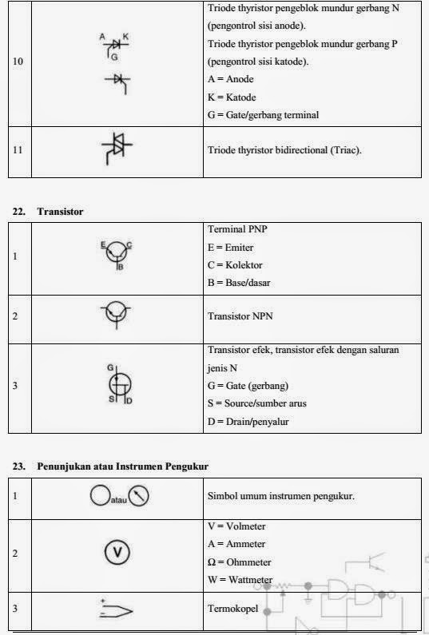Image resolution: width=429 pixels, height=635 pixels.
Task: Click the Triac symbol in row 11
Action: click(x=117, y=149)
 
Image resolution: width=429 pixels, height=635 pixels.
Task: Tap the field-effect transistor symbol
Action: click(x=117, y=386)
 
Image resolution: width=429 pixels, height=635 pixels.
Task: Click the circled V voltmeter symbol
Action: click(x=117, y=552)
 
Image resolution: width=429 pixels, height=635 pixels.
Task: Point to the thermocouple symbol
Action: click(x=117, y=610)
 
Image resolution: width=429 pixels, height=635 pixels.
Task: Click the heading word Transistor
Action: click(x=61, y=212)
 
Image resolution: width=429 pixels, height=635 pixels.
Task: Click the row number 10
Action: click(x=18, y=62)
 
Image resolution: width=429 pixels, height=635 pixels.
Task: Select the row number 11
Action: click(x=18, y=149)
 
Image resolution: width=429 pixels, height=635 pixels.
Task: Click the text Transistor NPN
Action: click(x=240, y=316)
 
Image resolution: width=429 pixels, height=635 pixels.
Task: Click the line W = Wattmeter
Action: click(x=240, y=579)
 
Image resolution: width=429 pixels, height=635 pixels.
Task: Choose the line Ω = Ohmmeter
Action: click(x=241, y=562)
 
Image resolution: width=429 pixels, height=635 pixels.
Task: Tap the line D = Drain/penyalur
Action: click(x=248, y=421)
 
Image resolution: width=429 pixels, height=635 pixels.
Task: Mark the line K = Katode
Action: click(x=232, y=97)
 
